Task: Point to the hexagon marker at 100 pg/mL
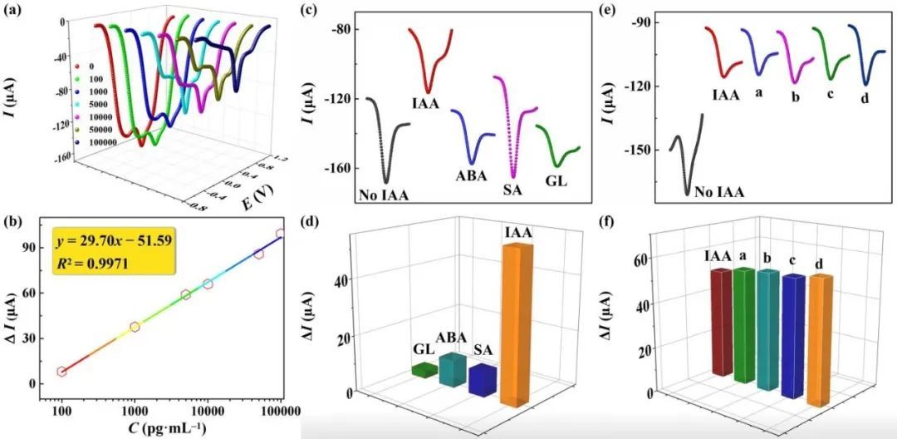(x=61, y=372)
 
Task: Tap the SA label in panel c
(x=513, y=190)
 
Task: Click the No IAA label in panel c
(x=385, y=196)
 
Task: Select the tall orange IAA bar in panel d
(x=516, y=324)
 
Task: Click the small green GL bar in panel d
(x=424, y=369)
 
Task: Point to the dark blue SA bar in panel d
(x=482, y=379)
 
